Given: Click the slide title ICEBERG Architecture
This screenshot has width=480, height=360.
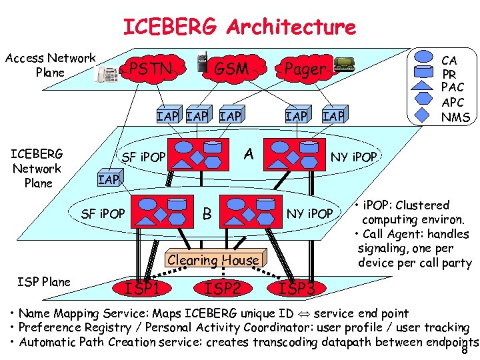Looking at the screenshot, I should coord(239,27).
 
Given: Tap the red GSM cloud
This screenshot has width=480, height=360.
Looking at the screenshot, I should coord(231,69).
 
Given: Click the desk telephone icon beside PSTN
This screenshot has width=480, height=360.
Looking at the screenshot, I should coord(107,73).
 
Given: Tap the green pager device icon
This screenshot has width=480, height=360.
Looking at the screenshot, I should coord(344,64).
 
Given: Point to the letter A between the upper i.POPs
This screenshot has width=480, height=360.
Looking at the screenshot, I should coord(249,155).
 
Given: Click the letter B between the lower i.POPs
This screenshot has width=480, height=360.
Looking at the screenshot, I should coord(207,214).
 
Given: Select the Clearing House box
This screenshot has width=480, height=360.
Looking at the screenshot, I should coord(213,261).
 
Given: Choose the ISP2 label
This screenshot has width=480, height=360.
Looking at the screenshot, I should coord(223,288).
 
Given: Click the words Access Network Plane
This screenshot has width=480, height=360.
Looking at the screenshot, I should coord(51,65).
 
